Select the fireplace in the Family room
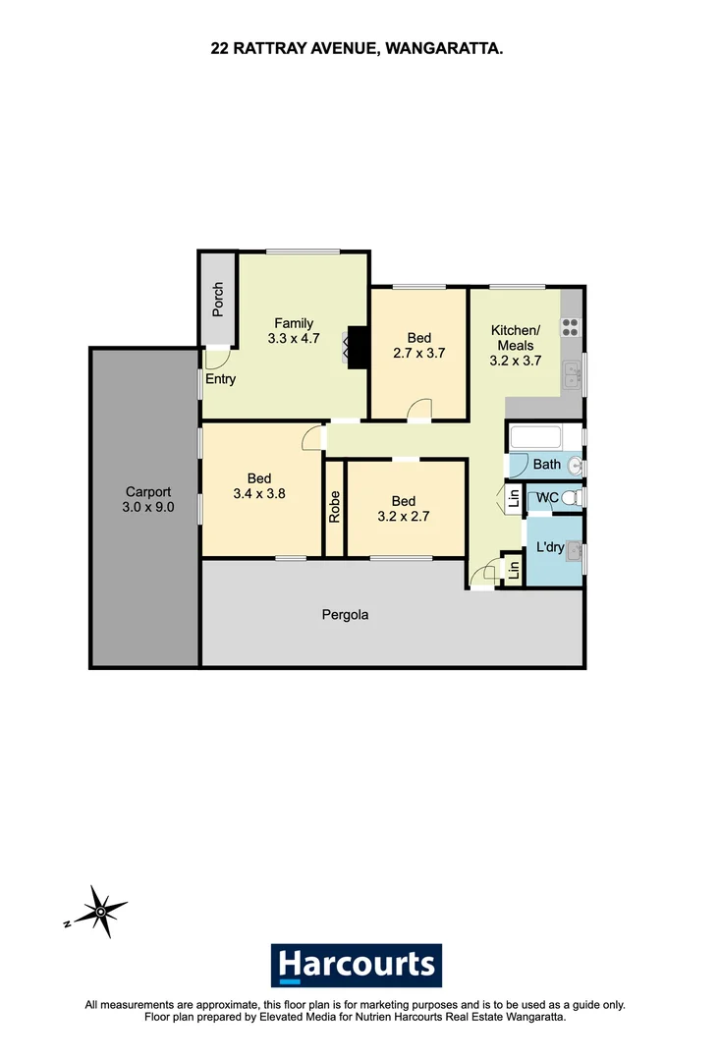pos(356,347)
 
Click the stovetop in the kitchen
pos(570,329)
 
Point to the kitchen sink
pos(572,372)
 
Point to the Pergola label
pos(345,616)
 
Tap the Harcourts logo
pos(357,965)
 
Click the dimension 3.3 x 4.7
pos(294,339)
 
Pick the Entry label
pos(220,378)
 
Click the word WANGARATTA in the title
pos(445,45)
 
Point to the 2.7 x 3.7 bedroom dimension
pos(419,354)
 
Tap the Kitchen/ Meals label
pos(515,338)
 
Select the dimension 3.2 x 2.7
pos(405,514)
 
